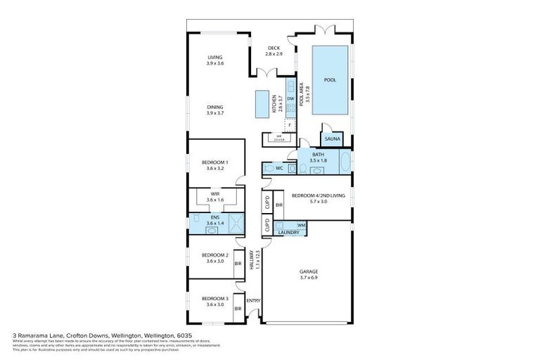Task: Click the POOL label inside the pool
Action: click(x=330, y=80)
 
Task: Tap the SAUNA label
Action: click(x=332, y=139)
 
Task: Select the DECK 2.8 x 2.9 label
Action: click(x=274, y=51)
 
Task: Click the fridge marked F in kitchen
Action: click(x=290, y=124)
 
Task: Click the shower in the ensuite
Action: click(x=239, y=221)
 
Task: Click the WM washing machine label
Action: click(x=301, y=225)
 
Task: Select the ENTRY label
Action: click(x=253, y=301)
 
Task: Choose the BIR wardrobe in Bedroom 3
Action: click(x=238, y=308)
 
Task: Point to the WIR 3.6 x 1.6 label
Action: click(x=214, y=198)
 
